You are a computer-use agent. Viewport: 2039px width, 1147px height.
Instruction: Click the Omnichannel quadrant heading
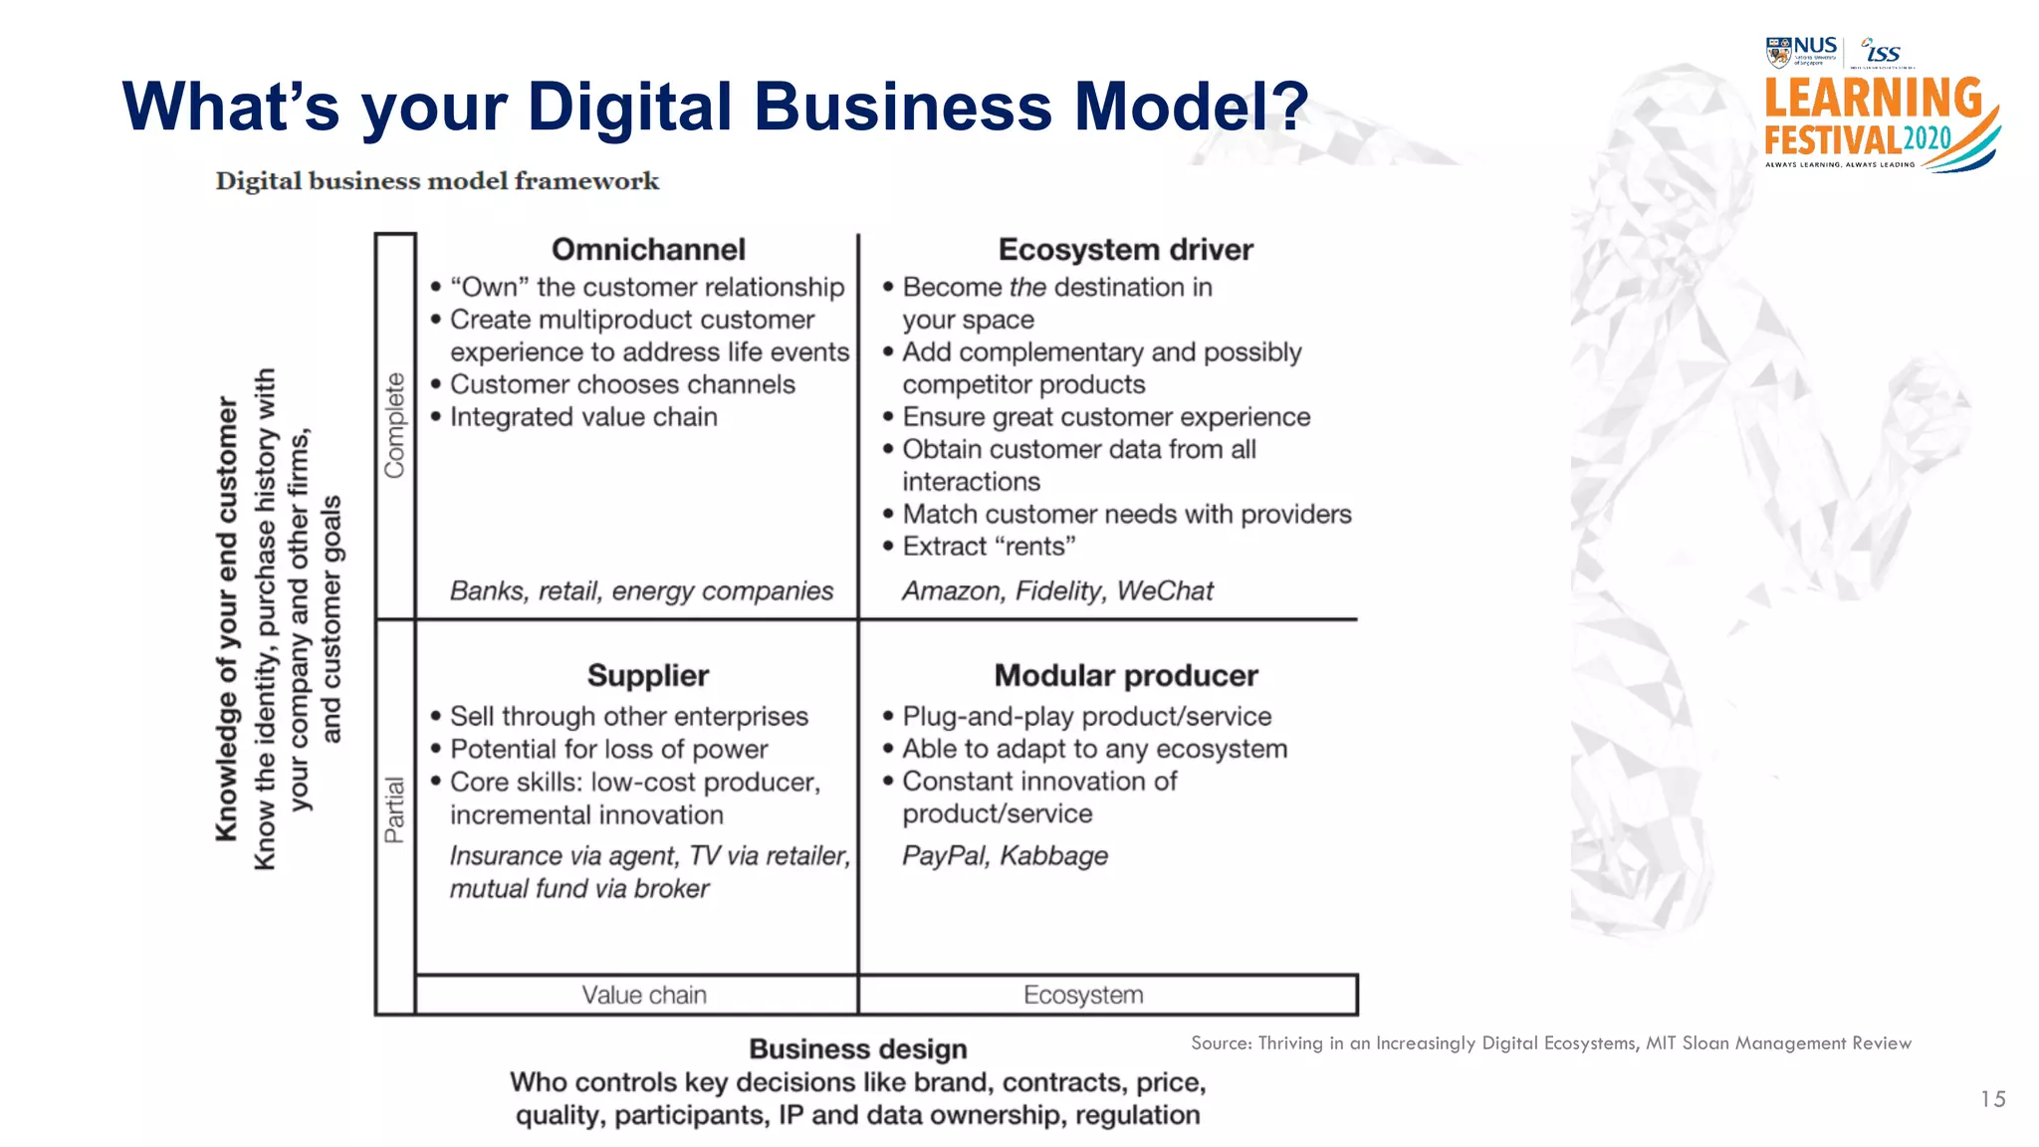648,249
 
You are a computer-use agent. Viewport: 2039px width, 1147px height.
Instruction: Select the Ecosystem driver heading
1125,249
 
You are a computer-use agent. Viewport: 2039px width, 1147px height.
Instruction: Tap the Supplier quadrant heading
648,675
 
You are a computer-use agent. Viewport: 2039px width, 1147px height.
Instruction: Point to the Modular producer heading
1125,675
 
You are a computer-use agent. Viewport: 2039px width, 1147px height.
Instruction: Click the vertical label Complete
395,425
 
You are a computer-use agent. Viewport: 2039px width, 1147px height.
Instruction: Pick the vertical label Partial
395,809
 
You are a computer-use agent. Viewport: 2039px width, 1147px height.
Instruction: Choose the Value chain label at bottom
644,995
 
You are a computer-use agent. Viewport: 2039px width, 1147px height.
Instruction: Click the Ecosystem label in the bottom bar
1083,995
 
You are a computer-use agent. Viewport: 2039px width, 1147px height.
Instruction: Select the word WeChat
1165,591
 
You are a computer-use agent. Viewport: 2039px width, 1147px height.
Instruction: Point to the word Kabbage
1053,855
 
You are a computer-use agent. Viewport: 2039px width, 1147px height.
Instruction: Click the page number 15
1992,1099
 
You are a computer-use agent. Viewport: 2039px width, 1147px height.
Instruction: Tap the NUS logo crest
1778,52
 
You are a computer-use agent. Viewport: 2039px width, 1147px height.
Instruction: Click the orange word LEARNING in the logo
1873,100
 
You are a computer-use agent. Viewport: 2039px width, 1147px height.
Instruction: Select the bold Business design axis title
857,1049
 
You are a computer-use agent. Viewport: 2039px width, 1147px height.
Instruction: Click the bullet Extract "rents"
989,547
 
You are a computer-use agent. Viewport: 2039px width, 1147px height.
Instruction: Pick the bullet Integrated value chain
583,417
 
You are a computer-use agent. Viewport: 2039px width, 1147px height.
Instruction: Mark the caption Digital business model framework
437,181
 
